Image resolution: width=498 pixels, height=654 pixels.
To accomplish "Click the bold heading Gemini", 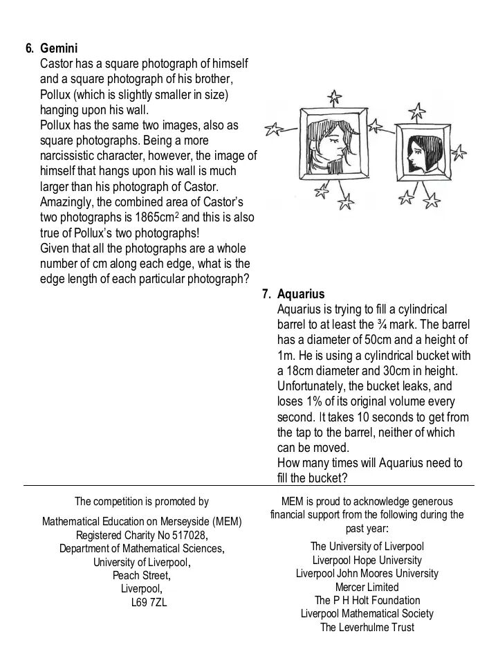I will coord(59,49).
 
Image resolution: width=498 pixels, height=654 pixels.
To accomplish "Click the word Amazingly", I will coord(69,202).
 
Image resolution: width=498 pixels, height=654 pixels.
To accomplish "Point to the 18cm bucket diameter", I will coord(298,371).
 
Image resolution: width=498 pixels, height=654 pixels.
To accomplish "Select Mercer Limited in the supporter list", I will coord(367,587).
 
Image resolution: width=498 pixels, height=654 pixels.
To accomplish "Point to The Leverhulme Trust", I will coord(367,627).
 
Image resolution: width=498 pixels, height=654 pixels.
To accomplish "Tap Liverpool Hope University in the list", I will coord(367,560).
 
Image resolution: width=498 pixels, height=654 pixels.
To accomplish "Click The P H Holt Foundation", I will coord(367,600).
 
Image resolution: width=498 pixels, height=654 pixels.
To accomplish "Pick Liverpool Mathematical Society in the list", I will coord(367,614).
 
